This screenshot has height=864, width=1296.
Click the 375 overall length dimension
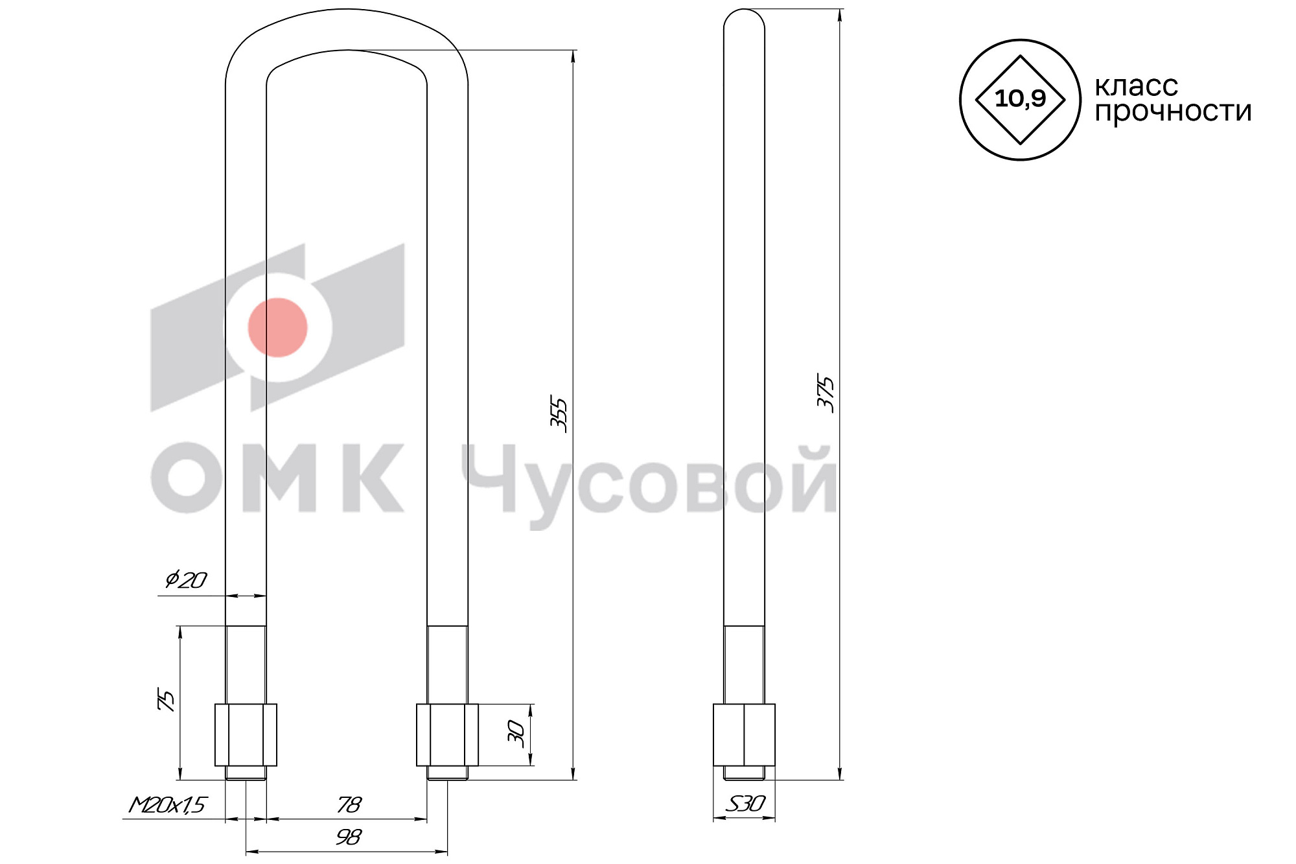(x=826, y=393)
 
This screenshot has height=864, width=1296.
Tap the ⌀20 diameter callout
(x=185, y=579)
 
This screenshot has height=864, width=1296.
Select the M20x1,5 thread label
(x=167, y=805)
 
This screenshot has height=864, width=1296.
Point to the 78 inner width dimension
(x=349, y=804)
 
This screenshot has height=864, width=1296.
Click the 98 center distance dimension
(x=349, y=837)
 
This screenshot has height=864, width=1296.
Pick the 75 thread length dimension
(x=167, y=701)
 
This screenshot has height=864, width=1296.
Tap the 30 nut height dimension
(x=516, y=734)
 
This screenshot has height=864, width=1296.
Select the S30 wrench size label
(x=745, y=804)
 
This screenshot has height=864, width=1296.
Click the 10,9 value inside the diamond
(x=1020, y=99)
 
